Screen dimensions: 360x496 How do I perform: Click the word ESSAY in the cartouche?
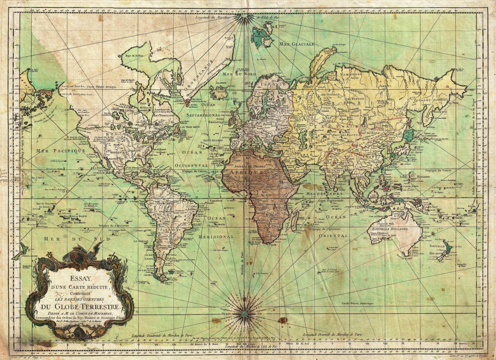[80, 278]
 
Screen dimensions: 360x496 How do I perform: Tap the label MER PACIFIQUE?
[61, 151]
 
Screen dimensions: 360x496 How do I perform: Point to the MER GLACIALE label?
[297, 44]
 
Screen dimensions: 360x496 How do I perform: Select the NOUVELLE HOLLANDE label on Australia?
[393, 229]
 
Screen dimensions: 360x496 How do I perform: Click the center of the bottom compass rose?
[245, 314]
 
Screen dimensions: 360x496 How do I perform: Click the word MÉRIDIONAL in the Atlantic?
[216, 237]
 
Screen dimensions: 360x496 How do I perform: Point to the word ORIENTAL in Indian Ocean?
[334, 236]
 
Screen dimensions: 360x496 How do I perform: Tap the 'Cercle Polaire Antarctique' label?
[358, 303]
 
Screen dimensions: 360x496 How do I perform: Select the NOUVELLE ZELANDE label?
[437, 250]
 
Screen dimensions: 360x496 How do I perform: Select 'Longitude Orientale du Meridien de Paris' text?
[333, 335]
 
